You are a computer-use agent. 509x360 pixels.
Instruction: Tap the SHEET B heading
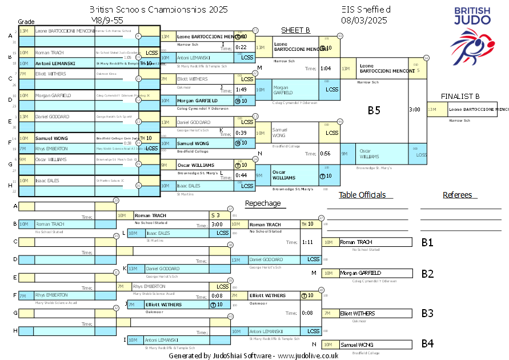click(295, 30)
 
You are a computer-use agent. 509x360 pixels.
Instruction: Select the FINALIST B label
click(460, 96)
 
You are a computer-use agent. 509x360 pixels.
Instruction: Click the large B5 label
click(374, 110)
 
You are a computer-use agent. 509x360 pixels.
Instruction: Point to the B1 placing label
click(427, 242)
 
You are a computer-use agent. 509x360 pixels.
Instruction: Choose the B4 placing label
click(427, 344)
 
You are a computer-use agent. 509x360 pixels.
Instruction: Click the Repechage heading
click(263, 203)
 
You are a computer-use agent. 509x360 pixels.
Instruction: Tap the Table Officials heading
click(362, 195)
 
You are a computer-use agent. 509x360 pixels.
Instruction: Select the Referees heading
click(457, 195)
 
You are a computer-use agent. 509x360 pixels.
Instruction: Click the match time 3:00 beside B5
click(415, 109)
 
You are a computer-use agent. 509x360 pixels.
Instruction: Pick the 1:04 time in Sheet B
click(326, 69)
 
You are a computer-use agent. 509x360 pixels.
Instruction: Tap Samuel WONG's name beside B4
click(358, 345)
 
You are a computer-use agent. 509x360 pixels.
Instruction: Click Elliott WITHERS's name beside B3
click(358, 313)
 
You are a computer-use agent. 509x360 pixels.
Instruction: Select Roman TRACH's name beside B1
click(356, 242)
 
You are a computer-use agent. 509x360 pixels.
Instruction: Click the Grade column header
click(26, 21)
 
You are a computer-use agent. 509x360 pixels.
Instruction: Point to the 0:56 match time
click(326, 153)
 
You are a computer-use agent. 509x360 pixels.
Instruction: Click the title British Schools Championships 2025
click(159, 10)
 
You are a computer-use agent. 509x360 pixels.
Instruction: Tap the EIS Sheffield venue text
click(366, 10)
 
